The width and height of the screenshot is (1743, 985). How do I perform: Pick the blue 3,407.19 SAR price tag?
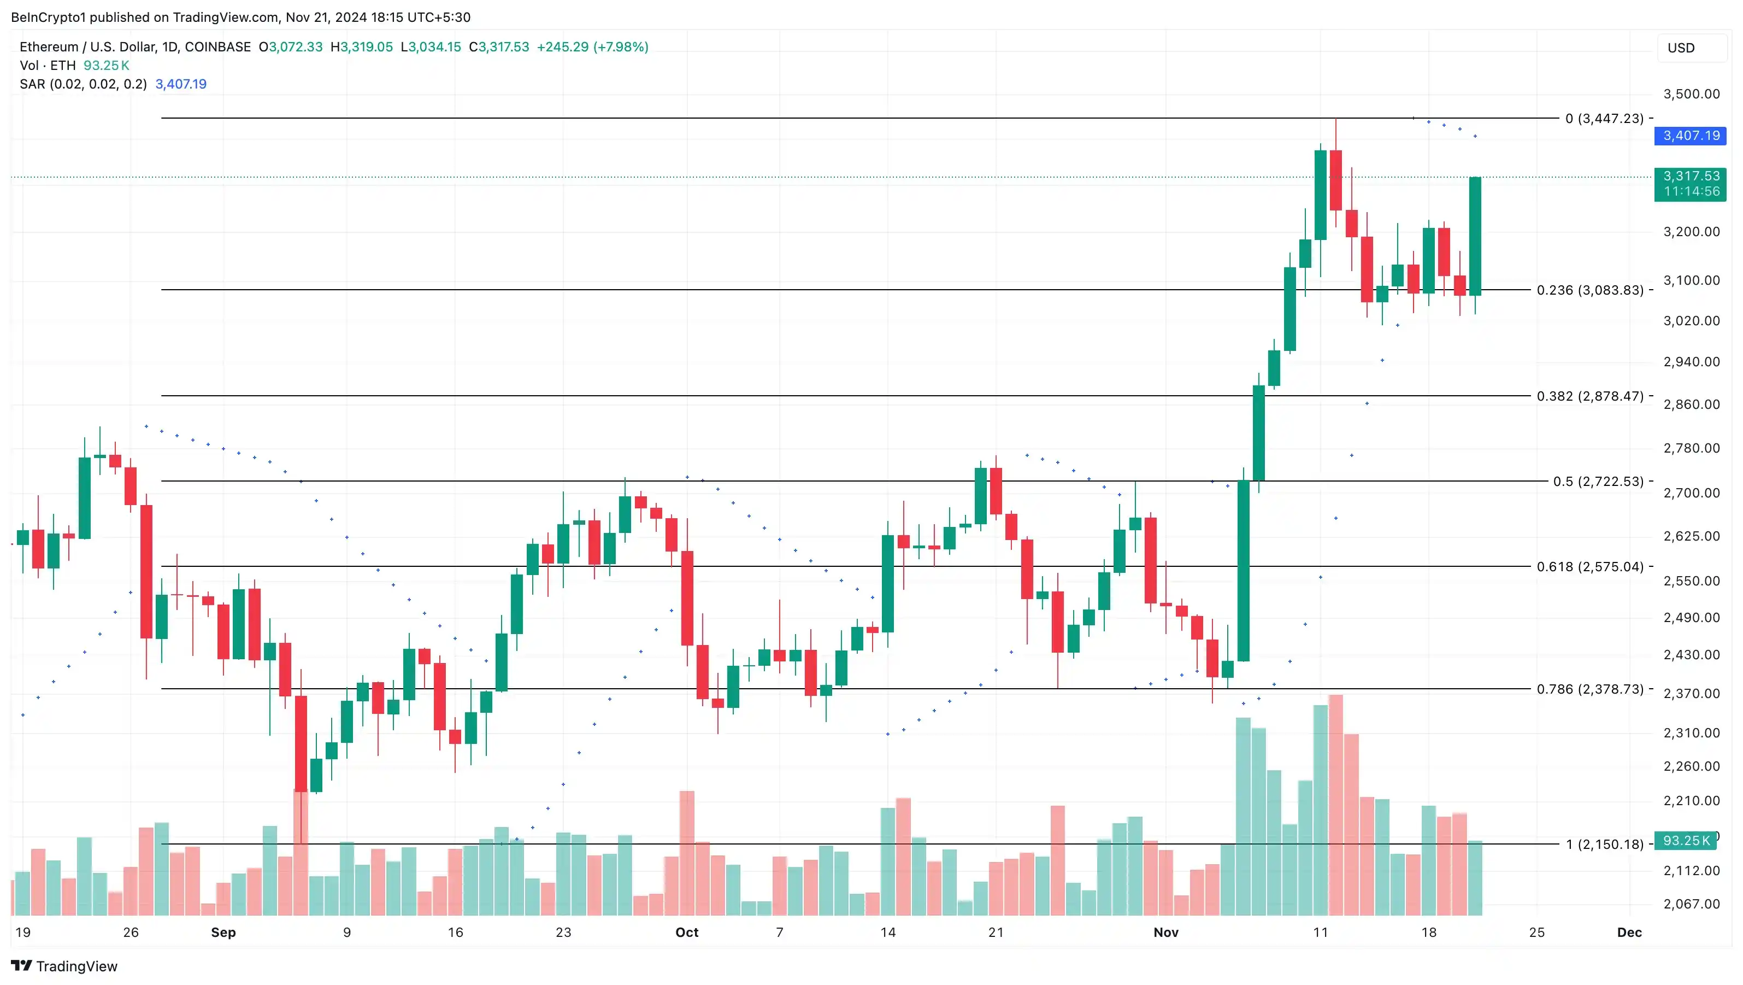pos(1690,136)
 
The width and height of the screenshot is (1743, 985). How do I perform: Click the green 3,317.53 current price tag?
pos(1690,183)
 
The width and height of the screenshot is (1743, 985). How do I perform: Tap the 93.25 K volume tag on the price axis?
pos(1686,840)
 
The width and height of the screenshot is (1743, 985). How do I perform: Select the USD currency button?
pos(1681,48)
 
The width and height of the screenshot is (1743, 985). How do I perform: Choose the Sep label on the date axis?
pos(223,932)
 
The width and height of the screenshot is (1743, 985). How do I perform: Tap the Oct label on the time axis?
pos(687,932)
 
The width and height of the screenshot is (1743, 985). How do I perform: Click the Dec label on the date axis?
pos(1629,932)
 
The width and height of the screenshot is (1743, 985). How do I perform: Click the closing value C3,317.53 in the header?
pos(499,46)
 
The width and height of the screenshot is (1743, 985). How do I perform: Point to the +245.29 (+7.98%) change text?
pos(592,46)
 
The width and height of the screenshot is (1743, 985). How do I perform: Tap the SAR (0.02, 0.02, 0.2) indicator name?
pos(83,84)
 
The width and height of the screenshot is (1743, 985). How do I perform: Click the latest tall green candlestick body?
pos(1475,236)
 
